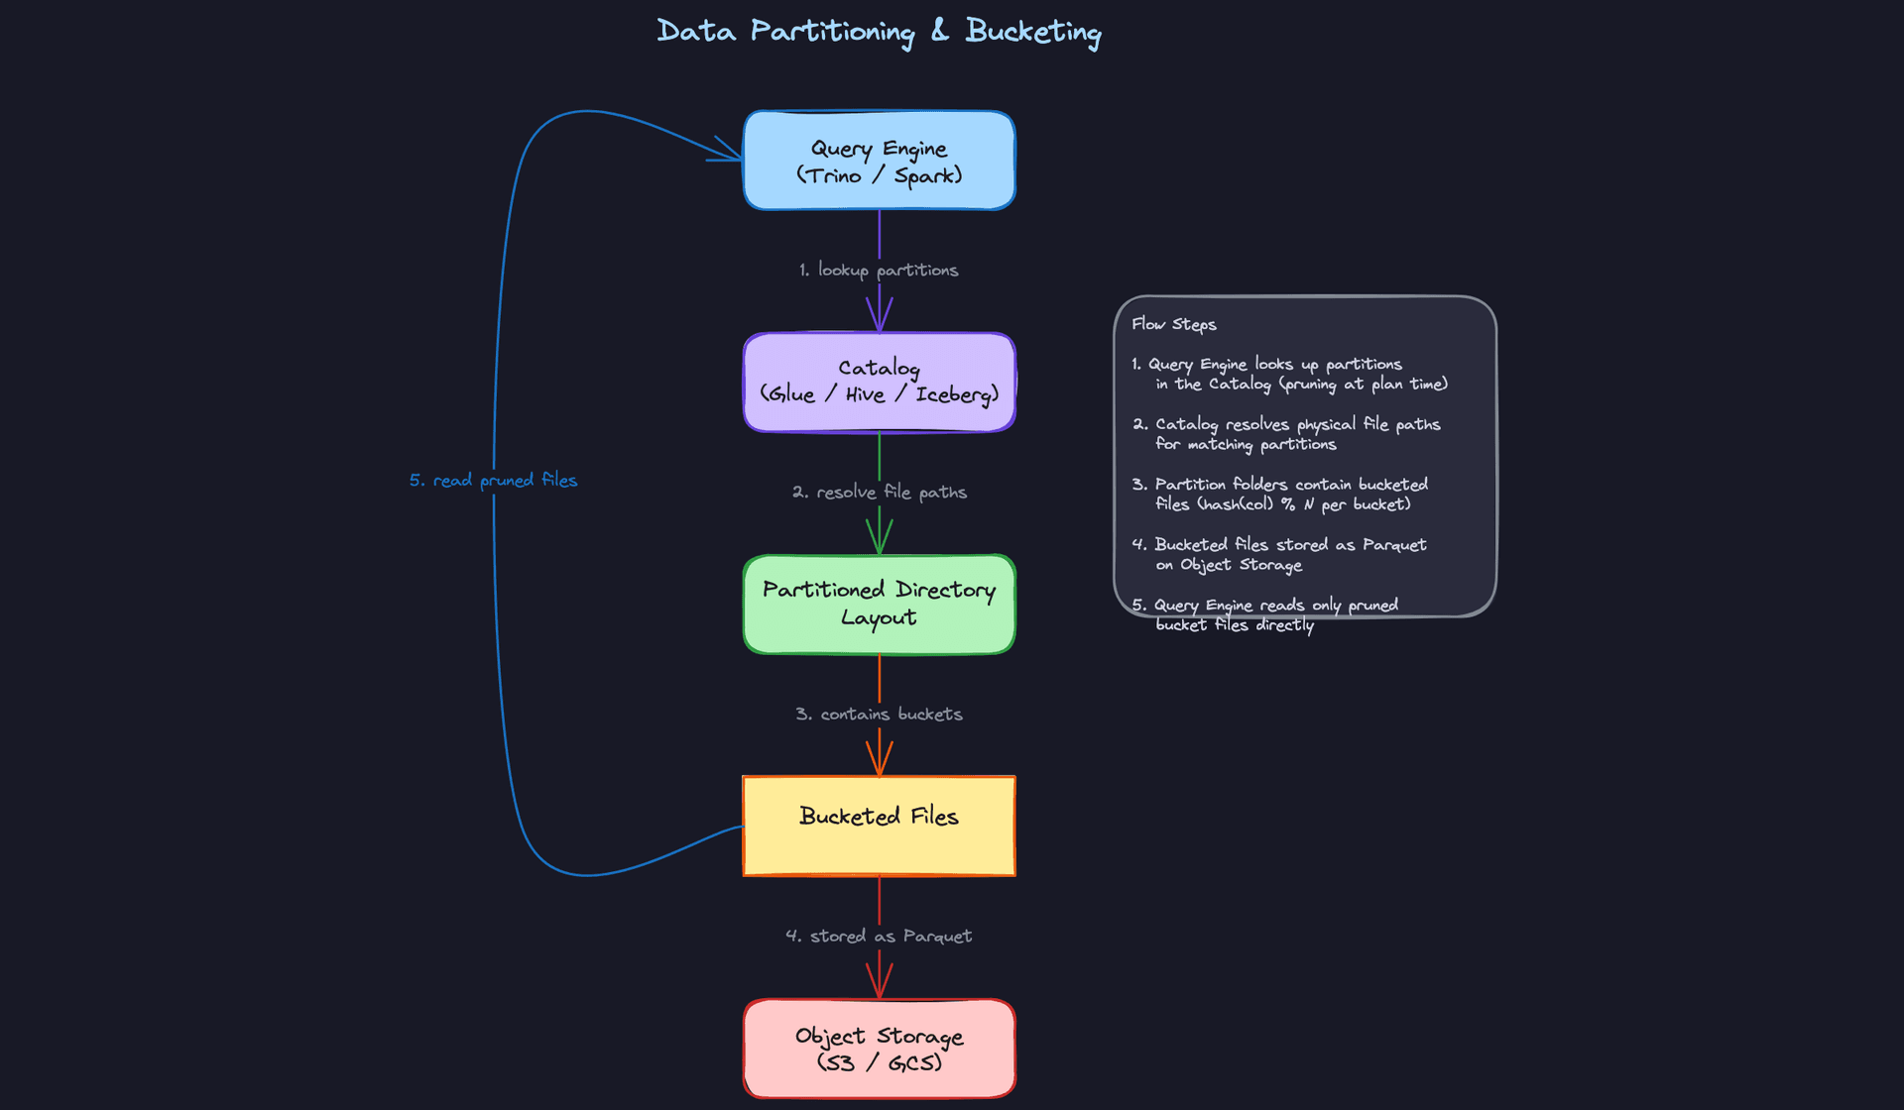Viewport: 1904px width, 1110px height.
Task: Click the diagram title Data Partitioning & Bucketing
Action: pyautogui.click(x=879, y=32)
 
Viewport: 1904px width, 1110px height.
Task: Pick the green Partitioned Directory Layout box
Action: pyautogui.click(x=879, y=604)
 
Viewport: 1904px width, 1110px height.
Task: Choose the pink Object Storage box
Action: pyautogui.click(x=879, y=1049)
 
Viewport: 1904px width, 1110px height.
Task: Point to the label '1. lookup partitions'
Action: pyautogui.click(x=879, y=270)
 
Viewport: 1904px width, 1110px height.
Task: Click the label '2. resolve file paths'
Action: pyautogui.click(x=879, y=492)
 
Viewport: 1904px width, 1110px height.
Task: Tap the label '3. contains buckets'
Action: pyautogui.click(x=879, y=714)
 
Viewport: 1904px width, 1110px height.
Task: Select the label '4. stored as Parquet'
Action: pyautogui.click(x=879, y=936)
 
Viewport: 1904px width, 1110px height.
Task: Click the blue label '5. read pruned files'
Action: pyautogui.click(x=493, y=480)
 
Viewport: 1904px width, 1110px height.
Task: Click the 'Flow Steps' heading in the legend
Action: pyautogui.click(x=1173, y=324)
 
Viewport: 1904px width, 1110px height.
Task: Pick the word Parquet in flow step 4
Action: pyautogui.click(x=1394, y=544)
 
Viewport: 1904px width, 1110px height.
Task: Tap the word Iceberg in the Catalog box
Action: pyautogui.click(x=956, y=394)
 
